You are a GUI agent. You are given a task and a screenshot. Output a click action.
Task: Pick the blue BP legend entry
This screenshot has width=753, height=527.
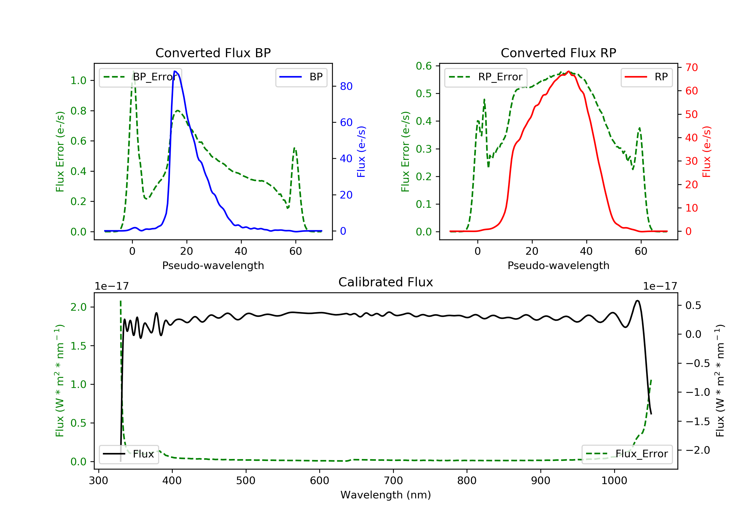pos(301,77)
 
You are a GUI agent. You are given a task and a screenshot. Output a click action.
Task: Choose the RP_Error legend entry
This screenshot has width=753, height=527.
pos(486,77)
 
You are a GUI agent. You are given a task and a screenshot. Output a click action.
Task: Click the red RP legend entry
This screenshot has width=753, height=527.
pos(646,77)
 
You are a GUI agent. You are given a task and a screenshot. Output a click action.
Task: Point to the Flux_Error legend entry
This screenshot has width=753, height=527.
pos(627,454)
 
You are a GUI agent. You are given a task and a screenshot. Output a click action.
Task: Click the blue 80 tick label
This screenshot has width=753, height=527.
pos(346,87)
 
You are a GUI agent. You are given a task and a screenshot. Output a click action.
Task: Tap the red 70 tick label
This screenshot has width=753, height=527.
pos(691,68)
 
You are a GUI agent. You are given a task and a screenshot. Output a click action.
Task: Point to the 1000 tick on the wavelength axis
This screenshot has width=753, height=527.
pos(614,481)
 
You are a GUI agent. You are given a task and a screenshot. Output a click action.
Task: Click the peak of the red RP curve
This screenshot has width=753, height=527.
pos(568,71)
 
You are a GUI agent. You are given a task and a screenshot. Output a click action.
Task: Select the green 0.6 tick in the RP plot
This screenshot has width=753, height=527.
pos(423,66)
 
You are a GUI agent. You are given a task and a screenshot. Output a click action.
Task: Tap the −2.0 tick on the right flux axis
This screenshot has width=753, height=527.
pos(698,450)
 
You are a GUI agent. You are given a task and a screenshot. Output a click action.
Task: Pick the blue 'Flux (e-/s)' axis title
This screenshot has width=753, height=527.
pos(361,152)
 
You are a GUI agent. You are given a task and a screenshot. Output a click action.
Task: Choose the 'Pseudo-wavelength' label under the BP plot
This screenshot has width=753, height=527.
pos(213,266)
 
